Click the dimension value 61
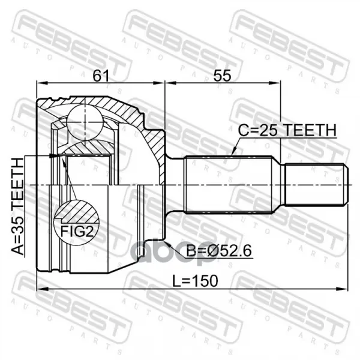(x=101, y=76)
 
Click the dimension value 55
(x=222, y=76)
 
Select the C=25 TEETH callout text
(x=287, y=130)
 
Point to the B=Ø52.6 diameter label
(x=219, y=251)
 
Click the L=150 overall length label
(x=195, y=281)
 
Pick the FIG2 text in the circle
(x=77, y=232)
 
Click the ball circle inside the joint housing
(x=85, y=122)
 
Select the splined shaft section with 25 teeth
(x=229, y=185)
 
